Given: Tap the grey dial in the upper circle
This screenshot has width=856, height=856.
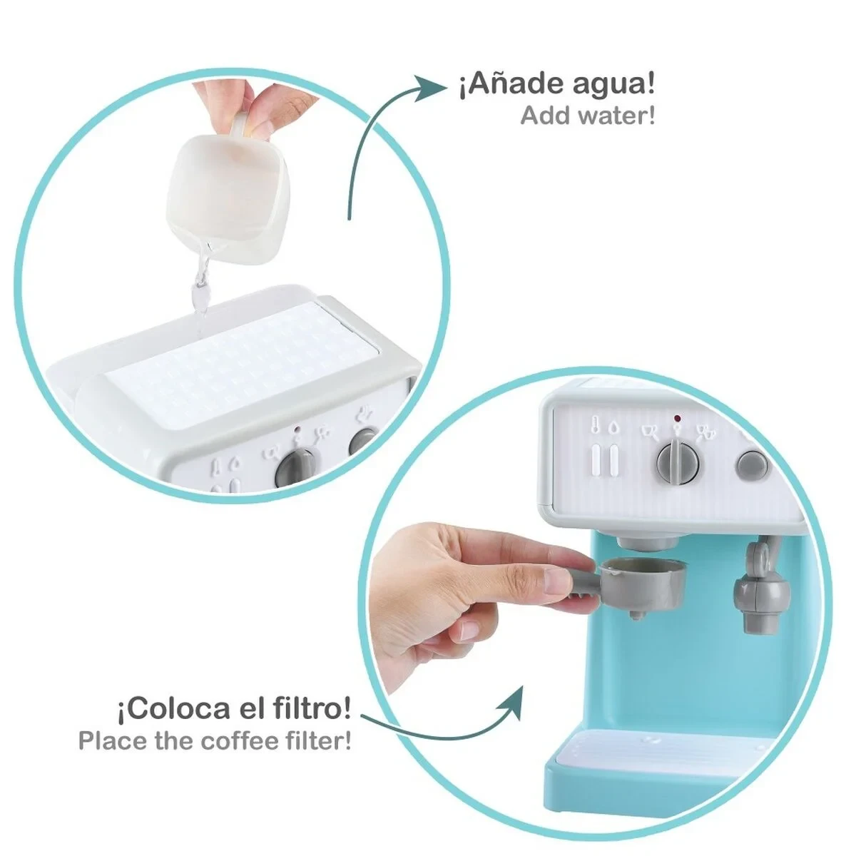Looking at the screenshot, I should tap(295, 467).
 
